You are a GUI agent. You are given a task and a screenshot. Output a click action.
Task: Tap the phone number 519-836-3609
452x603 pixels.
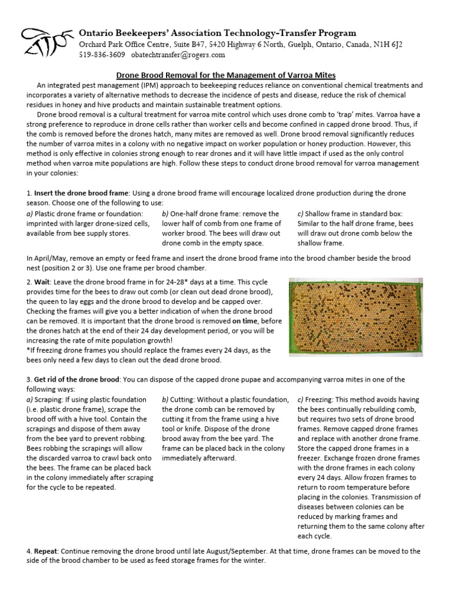(x=101, y=55)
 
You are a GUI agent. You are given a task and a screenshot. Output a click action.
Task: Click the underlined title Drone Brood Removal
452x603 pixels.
(x=226, y=75)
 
